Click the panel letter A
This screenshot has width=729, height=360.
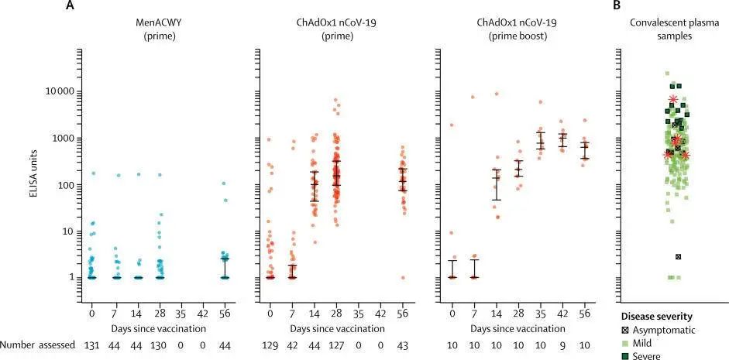tap(71, 6)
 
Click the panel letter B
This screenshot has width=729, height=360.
tap(617, 6)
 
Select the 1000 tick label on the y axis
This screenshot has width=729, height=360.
tap(64, 139)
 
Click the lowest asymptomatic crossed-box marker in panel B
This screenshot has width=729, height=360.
tap(679, 256)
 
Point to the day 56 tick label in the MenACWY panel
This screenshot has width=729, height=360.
tap(225, 314)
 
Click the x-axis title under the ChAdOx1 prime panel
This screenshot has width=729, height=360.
tap(335, 328)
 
